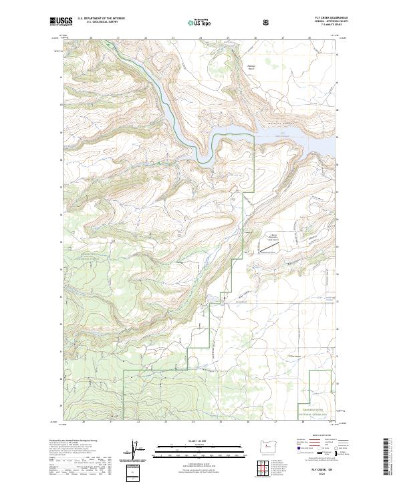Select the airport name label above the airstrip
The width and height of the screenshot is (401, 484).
(x=273, y=237)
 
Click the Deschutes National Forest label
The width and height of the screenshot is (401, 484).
(x=80, y=248)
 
